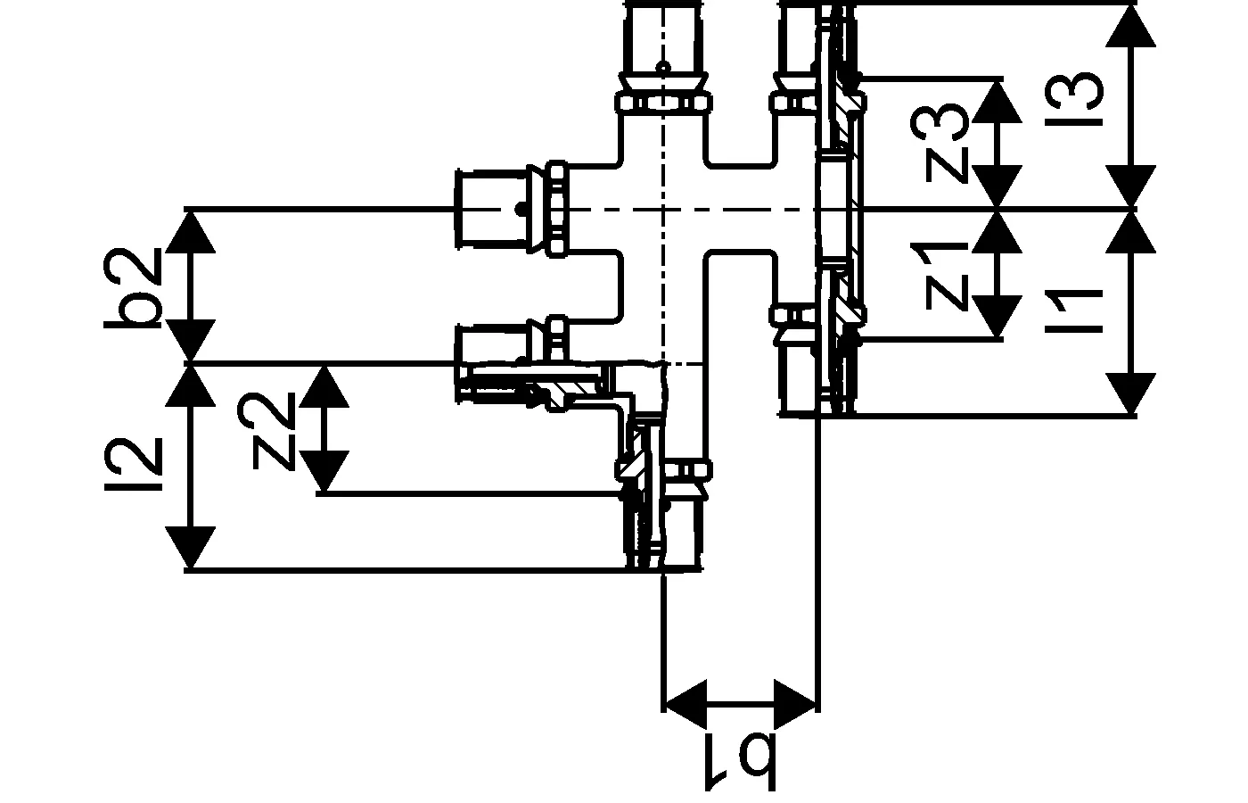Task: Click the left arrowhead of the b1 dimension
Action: (685, 704)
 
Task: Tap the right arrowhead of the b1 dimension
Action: (797, 704)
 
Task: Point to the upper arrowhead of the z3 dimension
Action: (996, 100)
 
